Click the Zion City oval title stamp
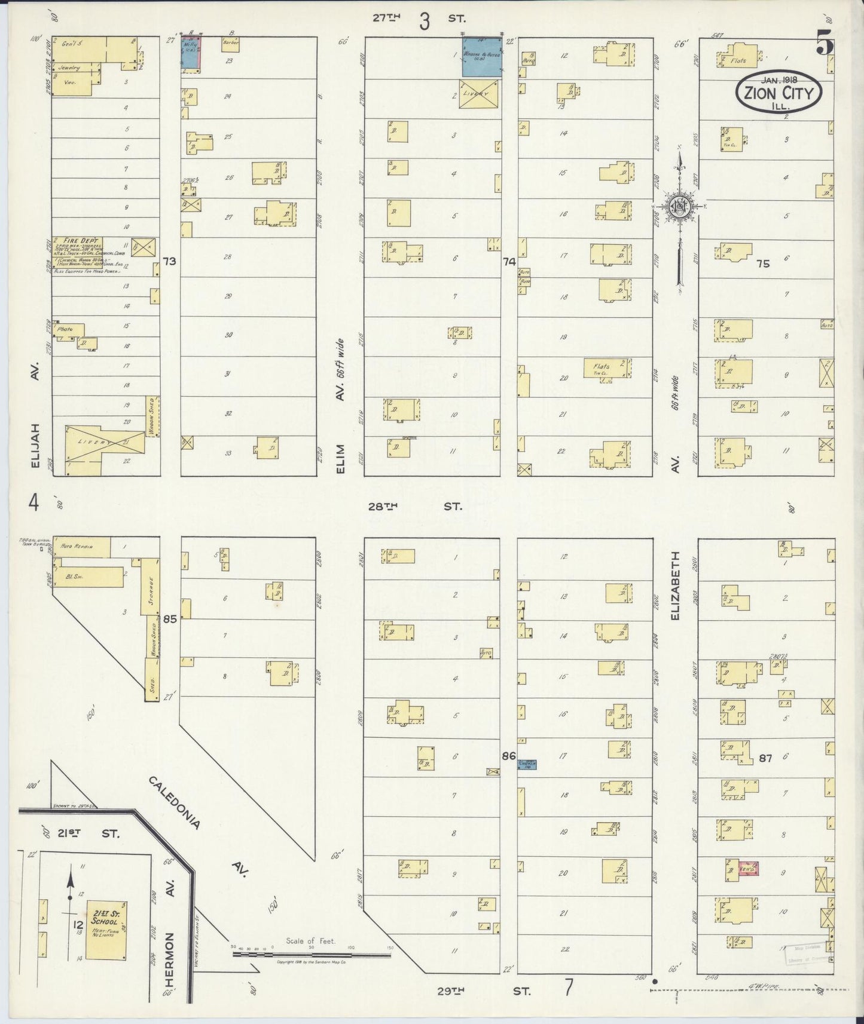(x=778, y=92)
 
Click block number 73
(x=170, y=261)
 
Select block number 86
(x=509, y=756)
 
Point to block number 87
(x=765, y=758)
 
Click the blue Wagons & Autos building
(x=481, y=57)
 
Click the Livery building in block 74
(x=479, y=94)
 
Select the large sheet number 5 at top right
(x=825, y=45)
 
